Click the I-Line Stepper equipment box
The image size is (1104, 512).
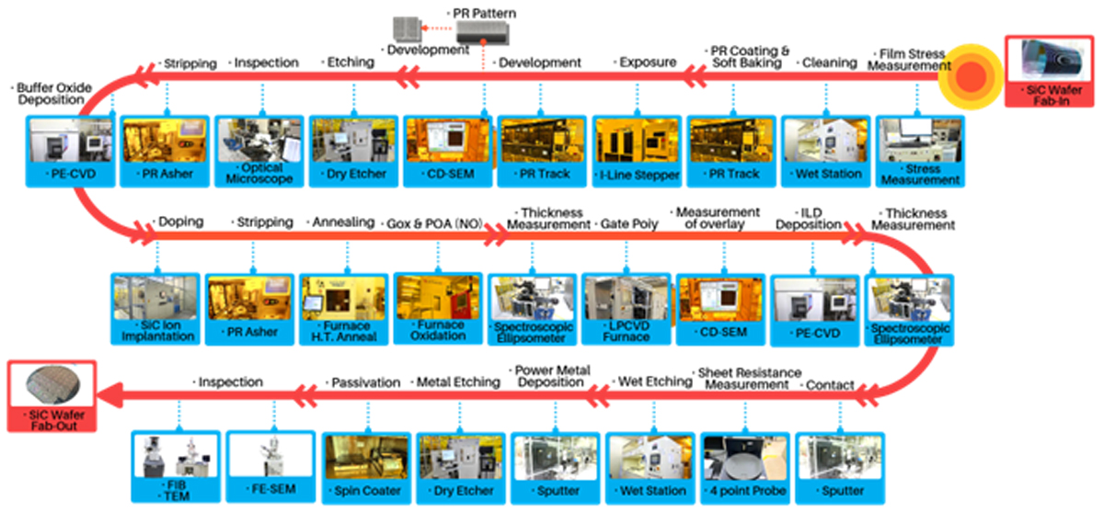(637, 151)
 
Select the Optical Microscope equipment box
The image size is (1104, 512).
(259, 151)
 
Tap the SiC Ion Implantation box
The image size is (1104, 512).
(155, 309)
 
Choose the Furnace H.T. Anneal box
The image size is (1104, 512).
(343, 310)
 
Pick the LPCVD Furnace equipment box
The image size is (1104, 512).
(626, 309)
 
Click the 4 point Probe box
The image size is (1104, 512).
(744, 468)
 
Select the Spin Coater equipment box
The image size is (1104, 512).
(366, 468)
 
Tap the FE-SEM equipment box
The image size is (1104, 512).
(270, 466)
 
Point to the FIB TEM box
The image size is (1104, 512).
(176, 466)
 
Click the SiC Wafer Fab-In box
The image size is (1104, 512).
(1050, 71)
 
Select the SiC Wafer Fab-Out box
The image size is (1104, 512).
(52, 396)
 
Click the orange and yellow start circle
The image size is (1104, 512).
(971, 76)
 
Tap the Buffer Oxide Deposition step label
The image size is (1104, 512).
(52, 94)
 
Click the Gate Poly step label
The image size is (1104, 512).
(627, 224)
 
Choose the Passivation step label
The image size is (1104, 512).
(363, 382)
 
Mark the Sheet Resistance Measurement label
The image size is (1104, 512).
(747, 379)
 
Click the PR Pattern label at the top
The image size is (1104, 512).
(481, 13)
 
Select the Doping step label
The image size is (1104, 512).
(178, 222)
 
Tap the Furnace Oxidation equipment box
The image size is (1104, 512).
(438, 308)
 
